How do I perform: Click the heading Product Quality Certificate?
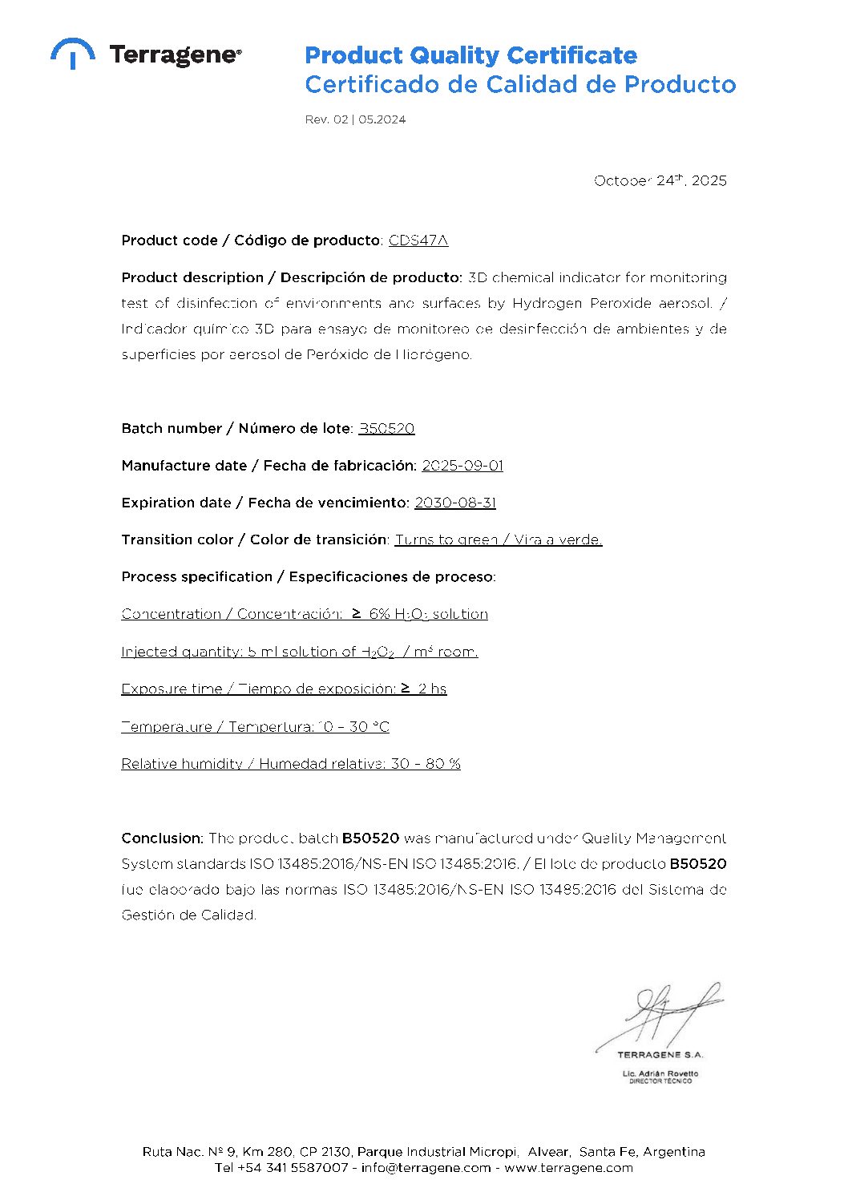(x=470, y=55)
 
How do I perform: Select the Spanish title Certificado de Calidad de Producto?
(x=519, y=84)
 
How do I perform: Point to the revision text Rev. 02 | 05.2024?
(x=355, y=119)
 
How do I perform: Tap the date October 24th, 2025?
(x=660, y=180)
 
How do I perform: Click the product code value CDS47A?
(x=418, y=240)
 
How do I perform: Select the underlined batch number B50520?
(x=386, y=429)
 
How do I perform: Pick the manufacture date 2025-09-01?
(x=462, y=466)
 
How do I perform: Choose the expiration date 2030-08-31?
(x=455, y=503)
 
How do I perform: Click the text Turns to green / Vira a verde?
(x=499, y=539)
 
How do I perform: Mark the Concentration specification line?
(x=305, y=614)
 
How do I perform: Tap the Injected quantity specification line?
(x=299, y=652)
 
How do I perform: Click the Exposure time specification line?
(x=284, y=689)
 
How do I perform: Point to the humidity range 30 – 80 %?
(x=426, y=764)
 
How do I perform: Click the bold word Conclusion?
(x=163, y=838)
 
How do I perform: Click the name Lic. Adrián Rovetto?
(x=660, y=1073)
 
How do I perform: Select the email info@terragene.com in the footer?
(x=426, y=1168)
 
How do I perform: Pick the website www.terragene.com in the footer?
(x=568, y=1168)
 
